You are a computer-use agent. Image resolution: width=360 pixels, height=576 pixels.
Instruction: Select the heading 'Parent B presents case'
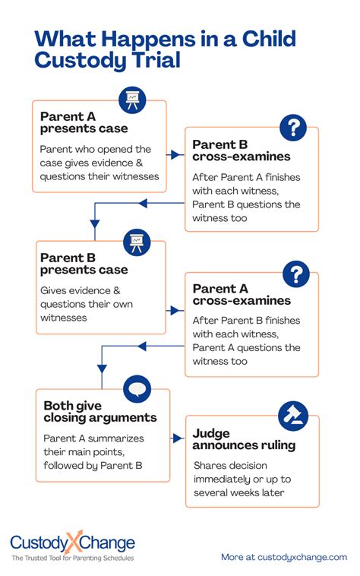click(x=84, y=264)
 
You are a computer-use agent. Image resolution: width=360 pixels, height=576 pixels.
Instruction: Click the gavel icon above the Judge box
click(x=293, y=414)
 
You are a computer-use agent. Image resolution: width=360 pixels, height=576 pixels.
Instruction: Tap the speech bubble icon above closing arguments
click(x=137, y=388)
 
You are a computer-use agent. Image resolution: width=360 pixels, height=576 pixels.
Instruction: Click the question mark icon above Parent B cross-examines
click(x=293, y=127)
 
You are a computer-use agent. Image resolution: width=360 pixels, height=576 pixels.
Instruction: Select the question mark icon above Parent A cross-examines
click(x=295, y=273)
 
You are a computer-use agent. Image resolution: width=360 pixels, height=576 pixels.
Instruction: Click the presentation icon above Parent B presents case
click(x=137, y=242)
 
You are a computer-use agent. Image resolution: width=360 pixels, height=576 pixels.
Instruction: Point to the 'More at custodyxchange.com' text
click(x=283, y=557)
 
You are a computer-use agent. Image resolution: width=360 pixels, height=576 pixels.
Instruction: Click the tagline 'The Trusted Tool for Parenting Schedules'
click(x=72, y=559)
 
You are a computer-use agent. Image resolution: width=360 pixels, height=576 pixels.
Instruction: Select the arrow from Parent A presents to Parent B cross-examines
click(x=175, y=154)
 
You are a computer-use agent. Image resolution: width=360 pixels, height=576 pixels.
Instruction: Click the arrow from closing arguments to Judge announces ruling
click(x=178, y=438)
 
